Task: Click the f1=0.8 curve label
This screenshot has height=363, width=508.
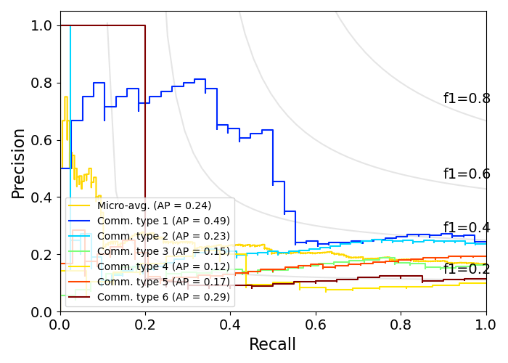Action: coord(467,99)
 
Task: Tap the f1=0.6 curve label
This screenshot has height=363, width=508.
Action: coord(467,174)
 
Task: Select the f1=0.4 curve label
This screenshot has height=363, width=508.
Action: coord(467,228)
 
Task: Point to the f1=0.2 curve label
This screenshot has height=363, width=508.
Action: coord(467,269)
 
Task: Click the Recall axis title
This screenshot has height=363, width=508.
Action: coord(273,344)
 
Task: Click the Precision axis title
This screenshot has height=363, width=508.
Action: coord(19,163)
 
